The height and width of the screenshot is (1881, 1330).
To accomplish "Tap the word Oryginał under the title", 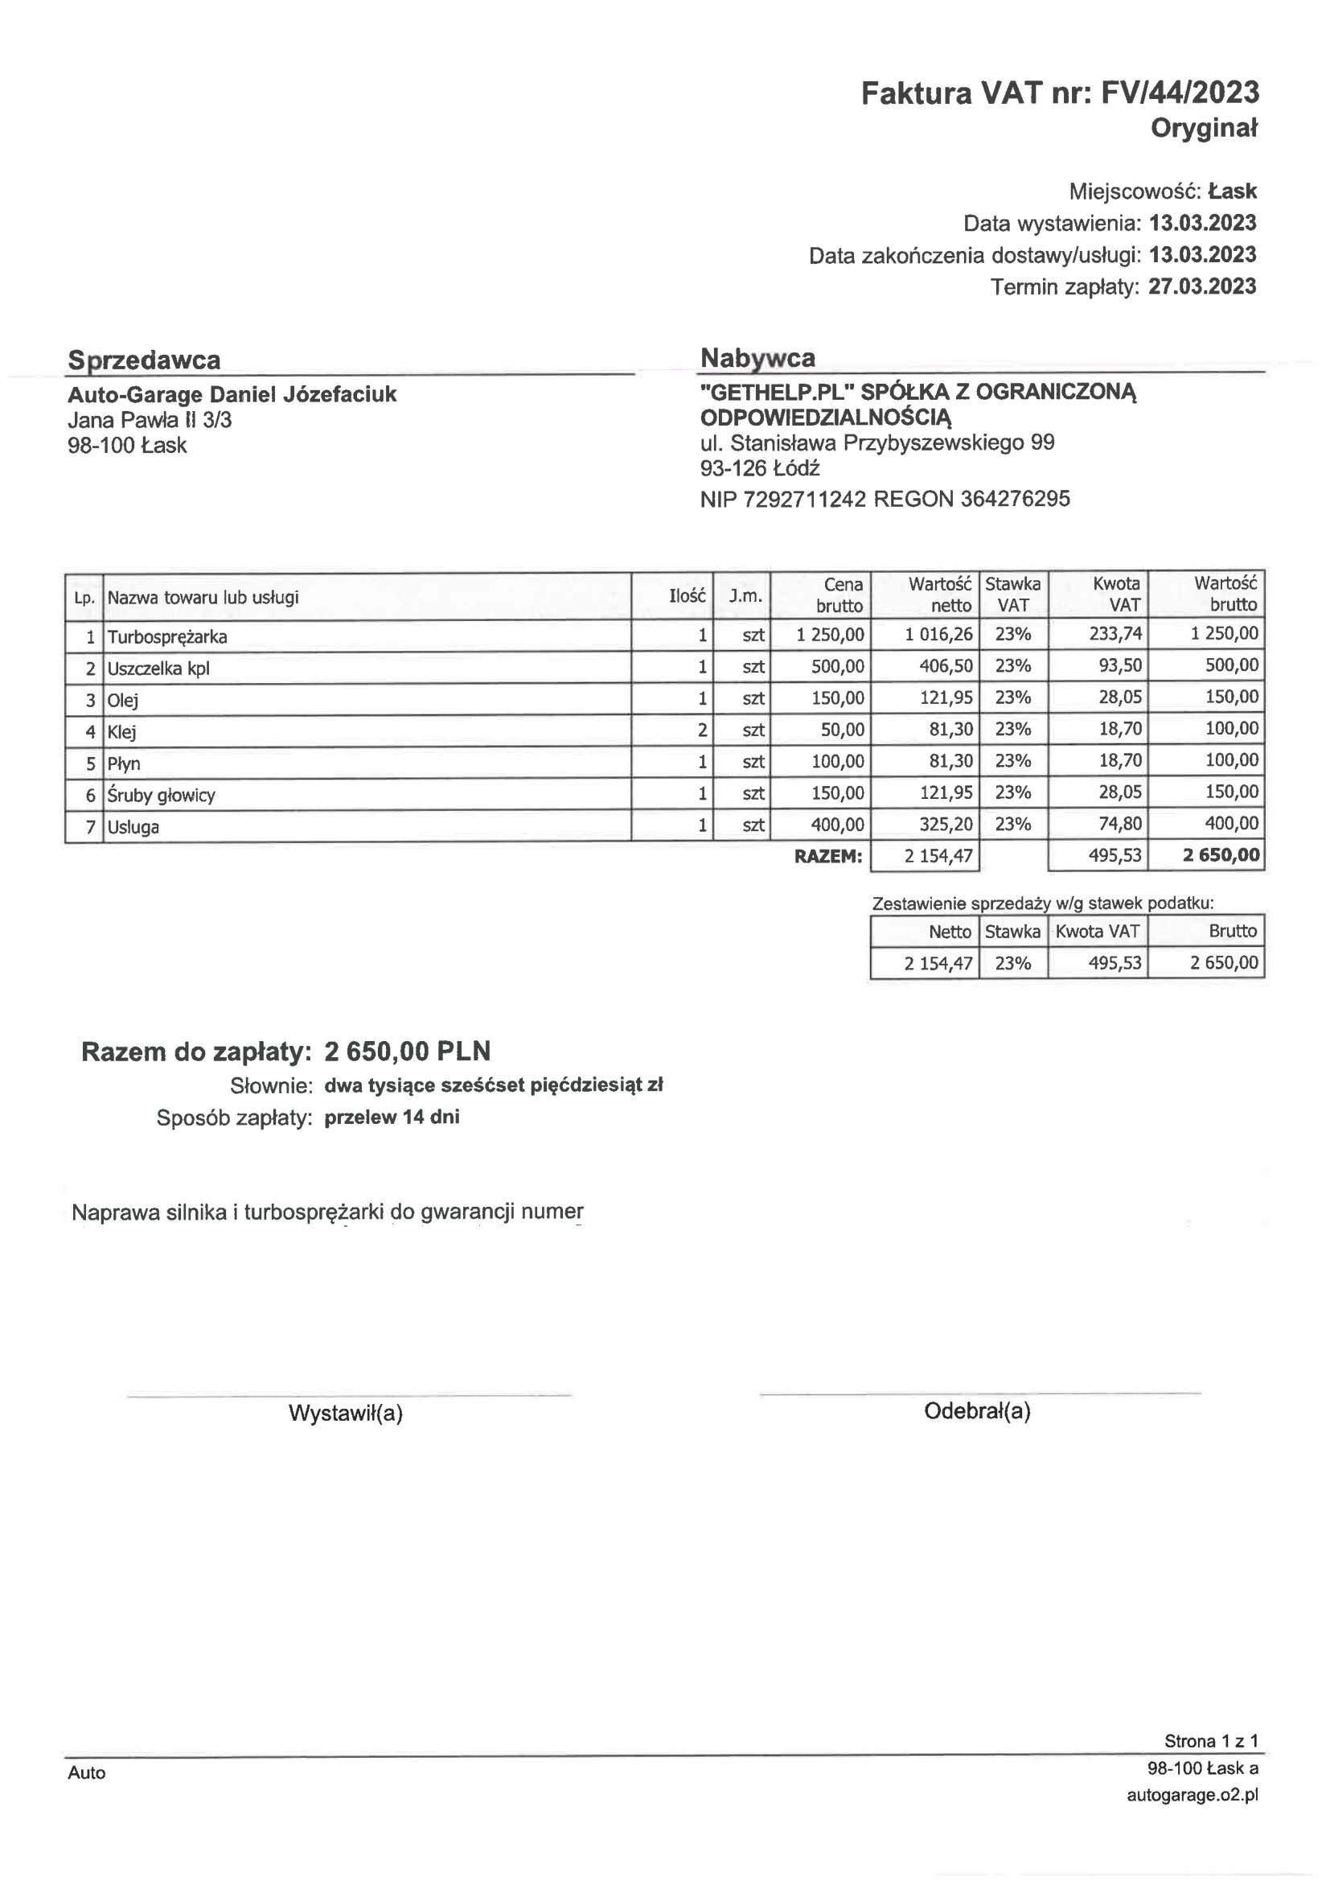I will (x=1204, y=129).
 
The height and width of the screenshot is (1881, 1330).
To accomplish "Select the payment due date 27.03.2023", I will (x=1201, y=286).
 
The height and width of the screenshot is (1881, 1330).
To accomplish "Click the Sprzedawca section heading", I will (x=144, y=360).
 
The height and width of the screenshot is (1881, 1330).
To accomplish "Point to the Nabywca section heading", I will (x=757, y=358).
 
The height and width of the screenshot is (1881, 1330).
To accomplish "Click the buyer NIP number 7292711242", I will (x=804, y=499).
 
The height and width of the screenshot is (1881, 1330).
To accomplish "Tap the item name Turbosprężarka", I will (x=167, y=636).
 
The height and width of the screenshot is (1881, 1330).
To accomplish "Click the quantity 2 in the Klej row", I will (x=702, y=730).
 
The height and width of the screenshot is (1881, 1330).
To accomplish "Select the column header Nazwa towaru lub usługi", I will (x=203, y=597).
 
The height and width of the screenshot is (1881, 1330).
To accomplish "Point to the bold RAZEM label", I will (x=828, y=857).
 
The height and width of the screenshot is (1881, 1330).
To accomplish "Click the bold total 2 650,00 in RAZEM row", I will (x=1221, y=855).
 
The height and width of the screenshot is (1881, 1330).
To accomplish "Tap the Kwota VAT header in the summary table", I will (x=1098, y=932).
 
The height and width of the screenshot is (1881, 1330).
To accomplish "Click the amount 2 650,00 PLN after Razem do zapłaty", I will (x=407, y=1051).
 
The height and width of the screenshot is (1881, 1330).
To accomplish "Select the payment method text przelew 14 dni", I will (x=392, y=1117).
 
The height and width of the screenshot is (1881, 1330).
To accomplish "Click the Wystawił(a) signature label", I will (x=346, y=1414).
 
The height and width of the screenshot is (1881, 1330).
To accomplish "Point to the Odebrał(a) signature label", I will (x=977, y=1411).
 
